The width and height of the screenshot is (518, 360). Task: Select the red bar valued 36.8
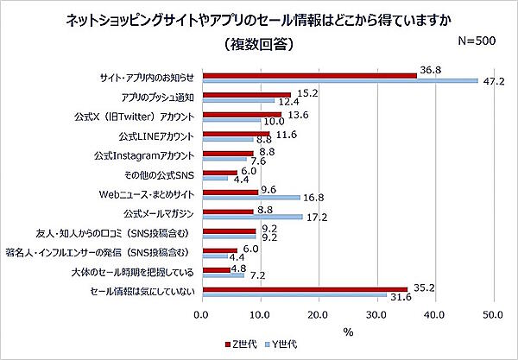309,75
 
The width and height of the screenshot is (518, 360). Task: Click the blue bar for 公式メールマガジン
252,217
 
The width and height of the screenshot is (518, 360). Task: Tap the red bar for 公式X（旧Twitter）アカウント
241,113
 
